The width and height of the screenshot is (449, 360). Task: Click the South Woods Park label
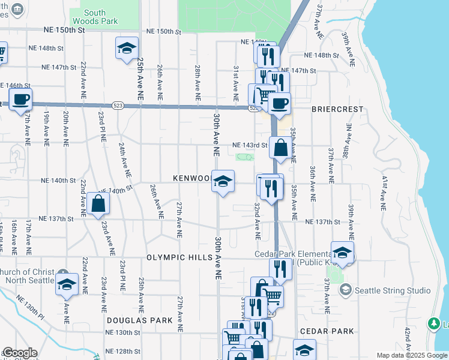pos(94,17)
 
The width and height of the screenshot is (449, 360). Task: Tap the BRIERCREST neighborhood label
pos(337,109)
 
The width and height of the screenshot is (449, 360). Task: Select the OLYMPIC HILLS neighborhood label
pos(179,257)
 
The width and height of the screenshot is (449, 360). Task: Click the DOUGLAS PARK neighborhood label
pos(136,320)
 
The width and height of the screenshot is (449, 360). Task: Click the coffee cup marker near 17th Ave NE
pos(20,99)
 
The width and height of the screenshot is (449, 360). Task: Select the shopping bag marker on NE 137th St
pos(98,203)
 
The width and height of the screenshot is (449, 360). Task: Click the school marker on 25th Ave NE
pos(127,48)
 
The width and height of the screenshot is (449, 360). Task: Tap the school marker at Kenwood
pos(223,181)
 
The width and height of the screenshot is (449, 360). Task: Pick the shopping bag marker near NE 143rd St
pos(280,147)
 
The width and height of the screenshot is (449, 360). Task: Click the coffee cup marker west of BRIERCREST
pos(279,103)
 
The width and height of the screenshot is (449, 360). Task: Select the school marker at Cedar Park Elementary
pos(342,252)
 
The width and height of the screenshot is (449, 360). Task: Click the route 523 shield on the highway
pos(118,106)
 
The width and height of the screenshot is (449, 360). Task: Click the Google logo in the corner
pos(19,353)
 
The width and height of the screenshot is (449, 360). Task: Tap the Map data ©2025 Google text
pos(412,355)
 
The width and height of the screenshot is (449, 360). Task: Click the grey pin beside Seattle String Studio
pos(345,290)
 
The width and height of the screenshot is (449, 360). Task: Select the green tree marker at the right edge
pos(434,324)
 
